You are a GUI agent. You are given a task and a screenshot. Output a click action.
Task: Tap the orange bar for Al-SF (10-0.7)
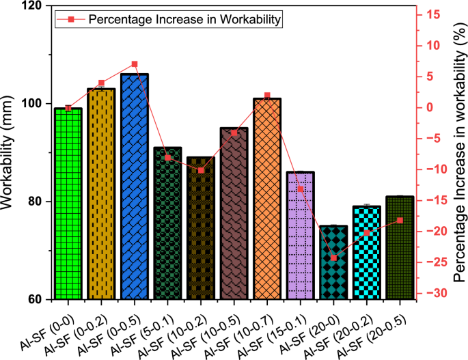[266, 199]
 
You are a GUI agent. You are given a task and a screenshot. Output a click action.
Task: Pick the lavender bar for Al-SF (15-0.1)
[300, 236]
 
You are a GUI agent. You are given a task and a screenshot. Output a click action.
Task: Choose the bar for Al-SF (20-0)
[333, 262]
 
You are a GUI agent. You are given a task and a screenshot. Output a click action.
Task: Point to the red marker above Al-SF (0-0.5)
[135, 64]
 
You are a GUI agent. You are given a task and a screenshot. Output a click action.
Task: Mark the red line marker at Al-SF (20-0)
[333, 258]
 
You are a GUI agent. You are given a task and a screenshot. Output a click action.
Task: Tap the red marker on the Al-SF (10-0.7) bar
[266, 96]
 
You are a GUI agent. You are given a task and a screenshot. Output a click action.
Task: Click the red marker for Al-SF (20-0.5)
[400, 220]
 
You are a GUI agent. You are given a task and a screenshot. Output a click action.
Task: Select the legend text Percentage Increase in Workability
[185, 20]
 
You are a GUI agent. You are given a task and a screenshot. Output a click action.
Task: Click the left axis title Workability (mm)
[10, 152]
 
